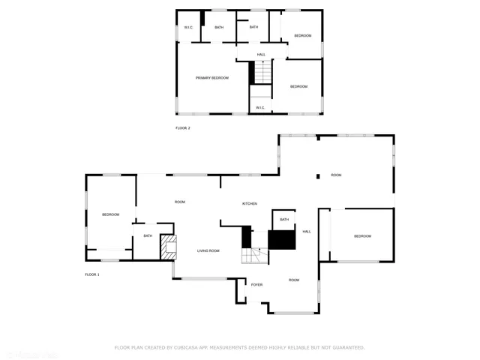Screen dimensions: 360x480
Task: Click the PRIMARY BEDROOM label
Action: (x=212, y=78)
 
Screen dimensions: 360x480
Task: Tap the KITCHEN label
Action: (x=249, y=204)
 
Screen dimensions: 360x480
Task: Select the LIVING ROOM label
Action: (x=208, y=250)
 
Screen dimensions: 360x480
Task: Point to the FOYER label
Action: (x=256, y=285)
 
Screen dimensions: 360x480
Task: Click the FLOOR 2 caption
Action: (x=183, y=128)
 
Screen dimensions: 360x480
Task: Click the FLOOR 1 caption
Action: (x=92, y=274)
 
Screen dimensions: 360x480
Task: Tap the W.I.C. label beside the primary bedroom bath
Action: (x=188, y=28)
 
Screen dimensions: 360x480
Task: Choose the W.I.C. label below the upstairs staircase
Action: (x=260, y=107)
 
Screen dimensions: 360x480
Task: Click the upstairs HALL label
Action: (x=261, y=55)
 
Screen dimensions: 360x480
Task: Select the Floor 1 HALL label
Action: (x=307, y=232)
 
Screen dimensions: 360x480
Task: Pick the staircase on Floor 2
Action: (x=262, y=73)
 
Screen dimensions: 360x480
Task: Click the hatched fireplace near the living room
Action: (x=169, y=247)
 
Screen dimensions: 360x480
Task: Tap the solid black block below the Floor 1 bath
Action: (x=283, y=239)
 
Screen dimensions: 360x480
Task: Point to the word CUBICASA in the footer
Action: (x=190, y=347)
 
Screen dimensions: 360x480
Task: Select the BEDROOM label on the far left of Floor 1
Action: (x=111, y=215)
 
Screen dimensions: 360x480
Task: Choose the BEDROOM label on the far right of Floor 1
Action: (x=362, y=236)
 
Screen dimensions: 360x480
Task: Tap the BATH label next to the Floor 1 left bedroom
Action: (x=148, y=236)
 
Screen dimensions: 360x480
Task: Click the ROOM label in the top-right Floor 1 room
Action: (x=336, y=175)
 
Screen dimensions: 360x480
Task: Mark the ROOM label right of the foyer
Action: (x=294, y=280)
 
